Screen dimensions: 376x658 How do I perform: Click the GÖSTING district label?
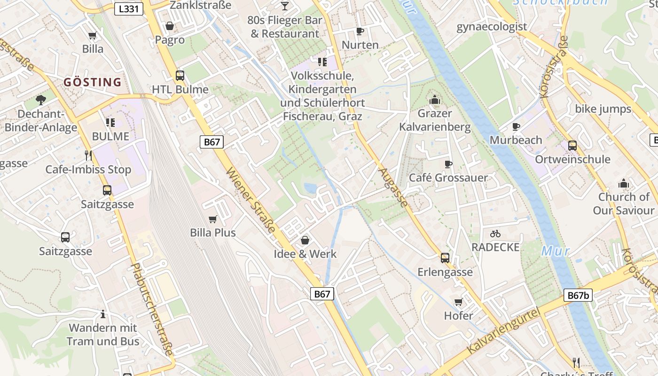pyautogui.click(x=93, y=82)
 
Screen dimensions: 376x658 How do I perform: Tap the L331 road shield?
pyautogui.click(x=128, y=8)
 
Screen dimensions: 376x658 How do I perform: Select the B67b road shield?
pyautogui.click(x=578, y=295)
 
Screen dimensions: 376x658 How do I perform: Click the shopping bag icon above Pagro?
pyautogui.click(x=170, y=26)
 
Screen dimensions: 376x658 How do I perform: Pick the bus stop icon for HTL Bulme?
pyautogui.click(x=180, y=75)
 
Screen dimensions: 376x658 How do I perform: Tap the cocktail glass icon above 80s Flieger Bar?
pyautogui.click(x=285, y=6)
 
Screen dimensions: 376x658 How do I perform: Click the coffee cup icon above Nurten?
pyautogui.click(x=360, y=31)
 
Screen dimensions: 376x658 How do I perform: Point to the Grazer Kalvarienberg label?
pyautogui.click(x=435, y=120)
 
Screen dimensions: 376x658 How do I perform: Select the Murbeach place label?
pyautogui.click(x=516, y=140)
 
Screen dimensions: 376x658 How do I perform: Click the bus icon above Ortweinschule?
pyautogui.click(x=572, y=145)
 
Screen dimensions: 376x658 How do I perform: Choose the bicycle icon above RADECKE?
pyautogui.click(x=495, y=233)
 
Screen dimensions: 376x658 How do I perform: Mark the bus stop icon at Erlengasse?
pyautogui.click(x=445, y=258)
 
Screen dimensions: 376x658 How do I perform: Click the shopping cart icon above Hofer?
pyautogui.click(x=458, y=302)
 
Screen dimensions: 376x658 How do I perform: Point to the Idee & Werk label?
pyautogui.click(x=305, y=254)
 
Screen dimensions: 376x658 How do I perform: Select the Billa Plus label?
pyautogui.click(x=213, y=233)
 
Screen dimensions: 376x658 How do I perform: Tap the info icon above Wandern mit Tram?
pyautogui.click(x=103, y=313)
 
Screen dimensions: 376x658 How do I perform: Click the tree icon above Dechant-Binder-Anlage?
pyautogui.click(x=41, y=100)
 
